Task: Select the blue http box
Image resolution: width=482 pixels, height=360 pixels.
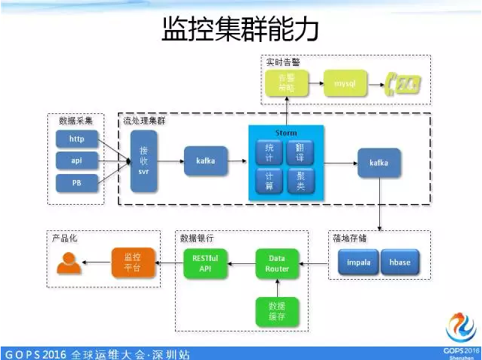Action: [x=77, y=139]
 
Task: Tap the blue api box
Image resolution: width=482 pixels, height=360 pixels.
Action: [x=77, y=160]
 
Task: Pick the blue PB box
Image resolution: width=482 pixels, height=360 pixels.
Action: [x=77, y=182]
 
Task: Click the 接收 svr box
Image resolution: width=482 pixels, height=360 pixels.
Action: [x=143, y=160]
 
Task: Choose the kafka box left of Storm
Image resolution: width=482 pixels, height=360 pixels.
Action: [x=205, y=161]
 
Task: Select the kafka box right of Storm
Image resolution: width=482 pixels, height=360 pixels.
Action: [x=378, y=162]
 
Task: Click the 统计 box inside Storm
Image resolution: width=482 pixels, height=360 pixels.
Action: [x=270, y=152]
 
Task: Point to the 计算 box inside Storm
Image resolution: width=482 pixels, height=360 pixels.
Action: [x=270, y=180]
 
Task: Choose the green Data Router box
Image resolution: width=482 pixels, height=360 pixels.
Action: [x=277, y=264]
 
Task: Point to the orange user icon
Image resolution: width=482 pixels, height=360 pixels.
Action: [x=68, y=262]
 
